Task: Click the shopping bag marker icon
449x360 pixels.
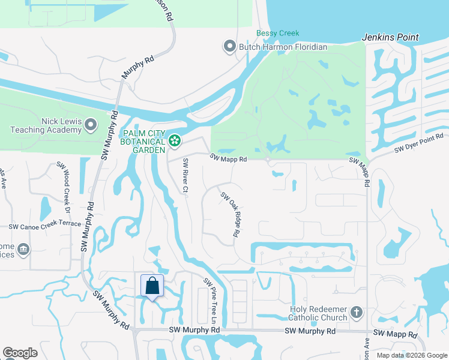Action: [152, 286]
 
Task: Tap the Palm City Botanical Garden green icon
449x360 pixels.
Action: [175, 141]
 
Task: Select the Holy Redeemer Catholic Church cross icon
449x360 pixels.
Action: [357, 312]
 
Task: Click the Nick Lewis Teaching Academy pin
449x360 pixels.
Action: [91, 125]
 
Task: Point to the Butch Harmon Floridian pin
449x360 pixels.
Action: [229, 46]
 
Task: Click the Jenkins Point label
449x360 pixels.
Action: [390, 37]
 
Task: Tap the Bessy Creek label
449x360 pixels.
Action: [277, 34]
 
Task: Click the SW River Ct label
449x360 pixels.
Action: [186, 176]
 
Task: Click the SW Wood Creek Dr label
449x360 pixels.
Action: [64, 182]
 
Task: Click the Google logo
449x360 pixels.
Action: [20, 353]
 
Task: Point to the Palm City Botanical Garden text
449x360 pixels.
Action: [142, 141]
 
